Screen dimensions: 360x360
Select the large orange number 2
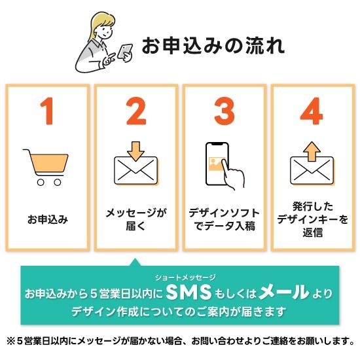coord(136,113)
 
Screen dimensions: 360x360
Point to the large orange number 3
coord(225,113)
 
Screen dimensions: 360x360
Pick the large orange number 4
coord(312,113)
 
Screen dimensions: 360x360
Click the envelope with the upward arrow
coord(312,164)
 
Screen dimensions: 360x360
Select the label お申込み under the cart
coord(47,219)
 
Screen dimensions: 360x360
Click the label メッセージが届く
coord(136,220)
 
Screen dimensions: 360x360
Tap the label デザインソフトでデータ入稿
coord(224,220)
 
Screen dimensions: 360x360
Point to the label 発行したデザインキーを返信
coord(312,220)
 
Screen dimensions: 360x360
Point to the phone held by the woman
coord(125,52)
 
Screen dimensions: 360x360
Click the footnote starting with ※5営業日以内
coord(180,342)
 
